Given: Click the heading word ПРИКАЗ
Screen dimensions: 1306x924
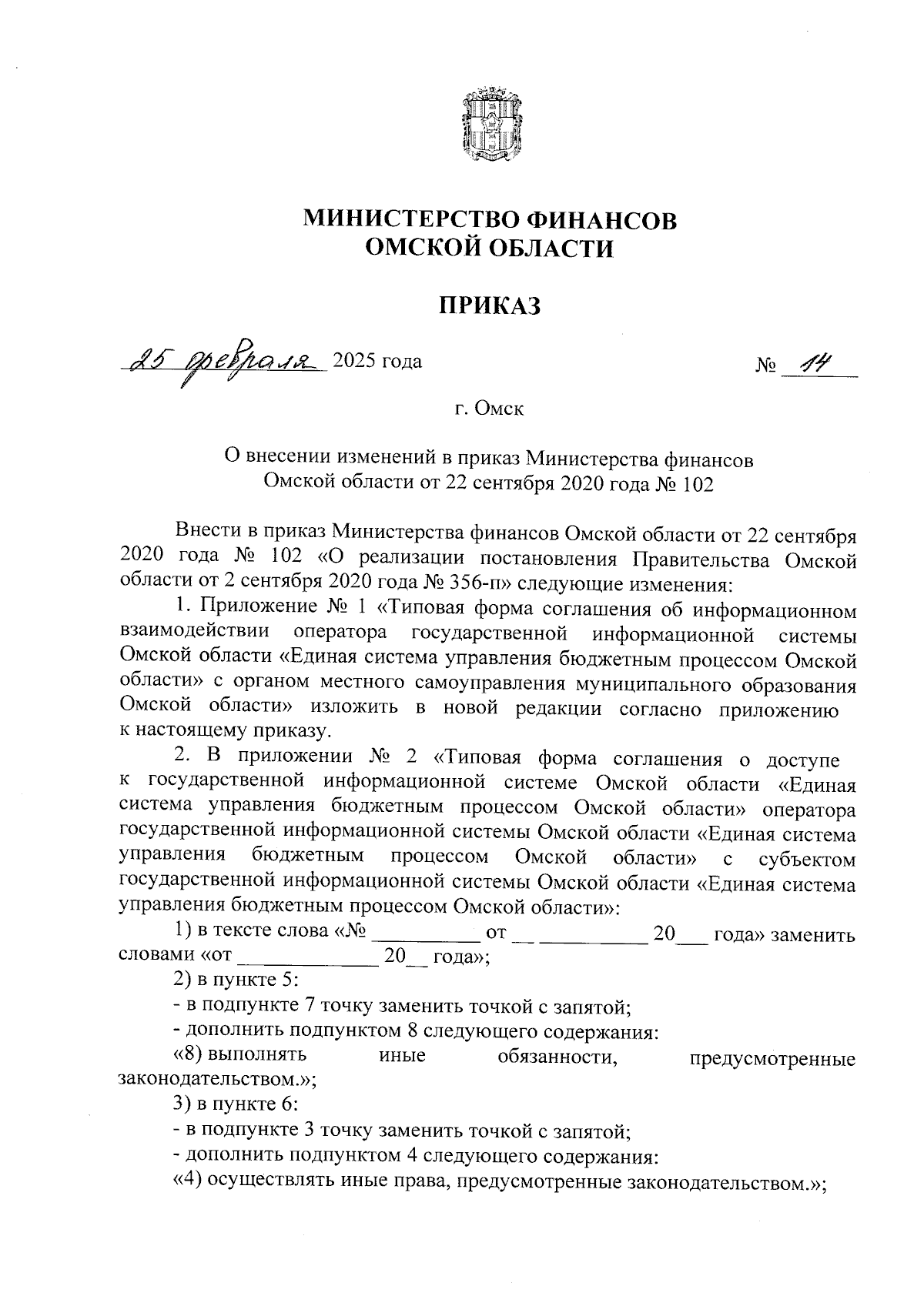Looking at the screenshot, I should click(x=490, y=306).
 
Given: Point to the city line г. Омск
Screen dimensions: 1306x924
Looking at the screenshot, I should click(x=490, y=409).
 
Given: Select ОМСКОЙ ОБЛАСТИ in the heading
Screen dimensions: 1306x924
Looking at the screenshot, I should click(x=490, y=249).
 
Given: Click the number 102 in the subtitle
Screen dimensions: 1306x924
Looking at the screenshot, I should click(x=696, y=484).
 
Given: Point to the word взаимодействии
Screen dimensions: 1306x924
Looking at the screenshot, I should click(x=196, y=633).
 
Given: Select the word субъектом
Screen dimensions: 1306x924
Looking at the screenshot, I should click(x=806, y=859).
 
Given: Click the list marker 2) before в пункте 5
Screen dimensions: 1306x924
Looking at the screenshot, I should click(x=183, y=981).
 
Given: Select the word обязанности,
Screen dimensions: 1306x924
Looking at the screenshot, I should click(x=558, y=1056).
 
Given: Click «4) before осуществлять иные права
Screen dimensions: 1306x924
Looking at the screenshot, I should click(x=183, y=1180).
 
